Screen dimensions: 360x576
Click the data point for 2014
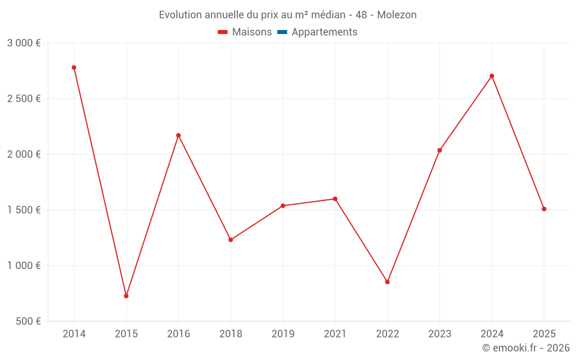(74, 67)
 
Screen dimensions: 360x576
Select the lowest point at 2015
(126, 296)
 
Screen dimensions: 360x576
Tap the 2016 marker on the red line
(179, 135)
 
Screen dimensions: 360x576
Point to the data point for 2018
(230, 240)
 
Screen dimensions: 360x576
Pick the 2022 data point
(387, 282)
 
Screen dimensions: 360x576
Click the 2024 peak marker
(492, 76)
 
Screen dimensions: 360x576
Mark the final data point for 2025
(544, 209)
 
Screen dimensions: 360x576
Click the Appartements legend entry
(324, 32)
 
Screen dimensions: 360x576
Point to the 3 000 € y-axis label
(24, 43)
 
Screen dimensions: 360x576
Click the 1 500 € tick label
(24, 210)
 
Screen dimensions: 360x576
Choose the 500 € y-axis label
(28, 321)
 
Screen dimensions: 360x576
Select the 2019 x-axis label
(283, 334)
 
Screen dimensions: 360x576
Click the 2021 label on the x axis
(335, 334)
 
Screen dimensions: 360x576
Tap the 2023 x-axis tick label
(439, 334)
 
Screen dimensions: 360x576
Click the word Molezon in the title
(397, 15)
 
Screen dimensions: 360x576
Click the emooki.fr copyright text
(525, 348)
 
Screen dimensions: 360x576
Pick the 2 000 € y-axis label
(24, 154)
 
